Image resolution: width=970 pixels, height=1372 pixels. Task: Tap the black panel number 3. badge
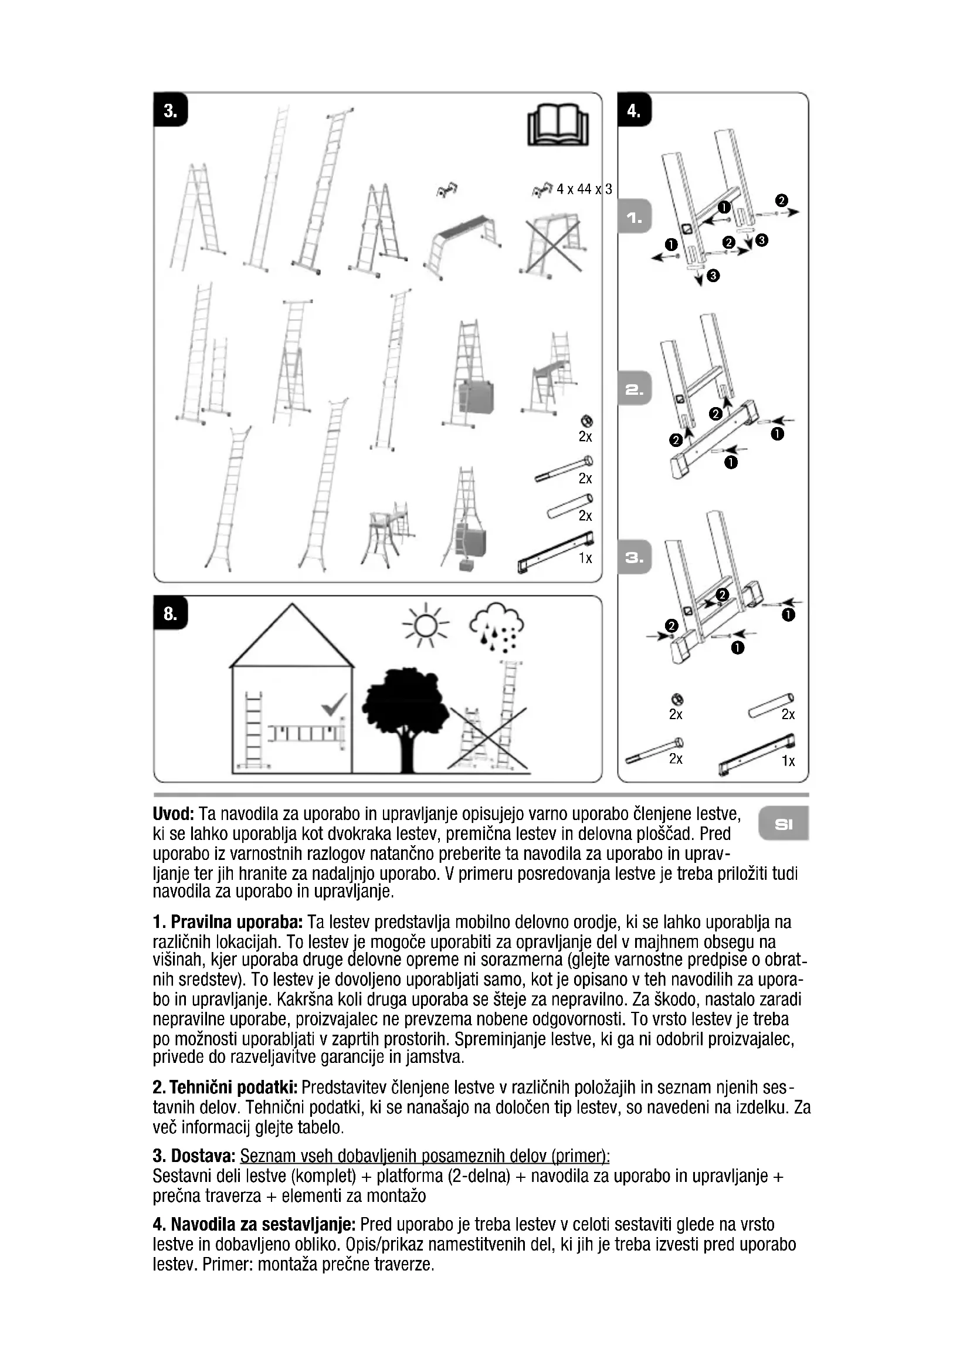[171, 110]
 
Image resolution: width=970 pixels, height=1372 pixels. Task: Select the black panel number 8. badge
[171, 613]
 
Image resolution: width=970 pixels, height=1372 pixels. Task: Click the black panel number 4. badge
[635, 110]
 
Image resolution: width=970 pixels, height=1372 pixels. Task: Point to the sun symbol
[425, 625]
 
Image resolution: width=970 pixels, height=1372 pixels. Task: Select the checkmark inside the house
[333, 704]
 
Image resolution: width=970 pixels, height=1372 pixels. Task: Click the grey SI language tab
[784, 825]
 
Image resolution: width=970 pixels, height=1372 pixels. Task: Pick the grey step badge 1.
[635, 218]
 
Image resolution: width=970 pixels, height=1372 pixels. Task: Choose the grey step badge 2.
[635, 389]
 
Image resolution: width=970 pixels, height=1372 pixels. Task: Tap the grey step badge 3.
[635, 557]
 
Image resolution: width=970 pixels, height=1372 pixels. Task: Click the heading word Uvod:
[173, 814]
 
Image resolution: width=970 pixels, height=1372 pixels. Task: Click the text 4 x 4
[571, 189]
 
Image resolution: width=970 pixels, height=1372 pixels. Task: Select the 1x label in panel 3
[585, 558]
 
